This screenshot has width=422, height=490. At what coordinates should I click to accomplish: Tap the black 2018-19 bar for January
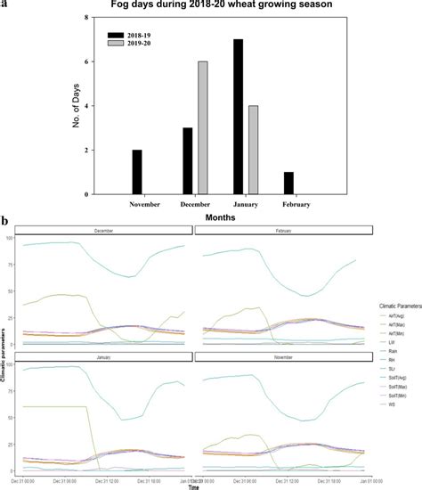pyautogui.click(x=239, y=117)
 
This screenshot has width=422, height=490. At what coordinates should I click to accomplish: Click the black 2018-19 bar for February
pyautogui.click(x=288, y=183)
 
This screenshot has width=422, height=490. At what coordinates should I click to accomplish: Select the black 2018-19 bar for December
pyautogui.click(x=187, y=161)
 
